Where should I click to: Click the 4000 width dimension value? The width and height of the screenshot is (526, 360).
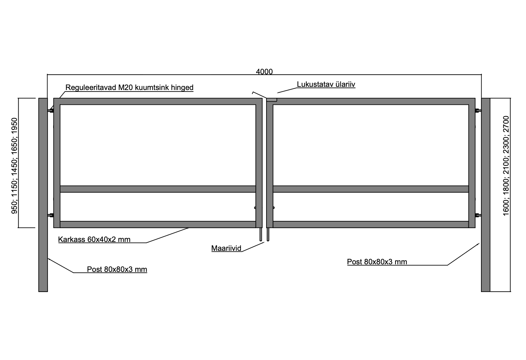click(x=264, y=72)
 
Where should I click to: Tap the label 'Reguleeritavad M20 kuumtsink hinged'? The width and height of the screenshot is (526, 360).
click(x=129, y=87)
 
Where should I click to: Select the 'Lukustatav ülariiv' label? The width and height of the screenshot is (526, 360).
click(x=326, y=84)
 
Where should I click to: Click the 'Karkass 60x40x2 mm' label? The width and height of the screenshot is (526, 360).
click(x=94, y=239)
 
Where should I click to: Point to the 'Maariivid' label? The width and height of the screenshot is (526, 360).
click(x=227, y=248)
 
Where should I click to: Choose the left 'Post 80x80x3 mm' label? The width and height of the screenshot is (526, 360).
click(x=117, y=269)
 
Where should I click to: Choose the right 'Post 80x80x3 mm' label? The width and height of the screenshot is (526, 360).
click(x=377, y=262)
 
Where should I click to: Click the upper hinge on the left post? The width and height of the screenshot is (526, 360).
click(x=50, y=110)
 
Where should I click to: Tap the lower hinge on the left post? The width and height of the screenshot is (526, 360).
click(x=50, y=215)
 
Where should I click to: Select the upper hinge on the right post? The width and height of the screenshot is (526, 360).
click(x=478, y=110)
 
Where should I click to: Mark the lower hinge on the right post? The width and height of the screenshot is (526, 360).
click(x=478, y=215)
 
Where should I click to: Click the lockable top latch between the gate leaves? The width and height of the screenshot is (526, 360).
click(x=272, y=100)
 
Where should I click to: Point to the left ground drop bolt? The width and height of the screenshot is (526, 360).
click(x=261, y=234)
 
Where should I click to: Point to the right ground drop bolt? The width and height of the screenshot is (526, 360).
click(x=268, y=234)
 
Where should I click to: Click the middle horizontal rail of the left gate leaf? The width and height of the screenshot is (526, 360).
click(x=158, y=189)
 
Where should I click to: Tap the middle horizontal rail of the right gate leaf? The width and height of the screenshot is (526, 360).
click(x=371, y=189)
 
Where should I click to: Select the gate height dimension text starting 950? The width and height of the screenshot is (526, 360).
click(x=14, y=166)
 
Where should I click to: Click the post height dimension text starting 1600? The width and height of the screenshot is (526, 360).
click(x=506, y=166)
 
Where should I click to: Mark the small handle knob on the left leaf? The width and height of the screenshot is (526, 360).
click(x=255, y=208)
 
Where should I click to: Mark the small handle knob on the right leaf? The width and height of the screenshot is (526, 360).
click(x=274, y=208)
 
